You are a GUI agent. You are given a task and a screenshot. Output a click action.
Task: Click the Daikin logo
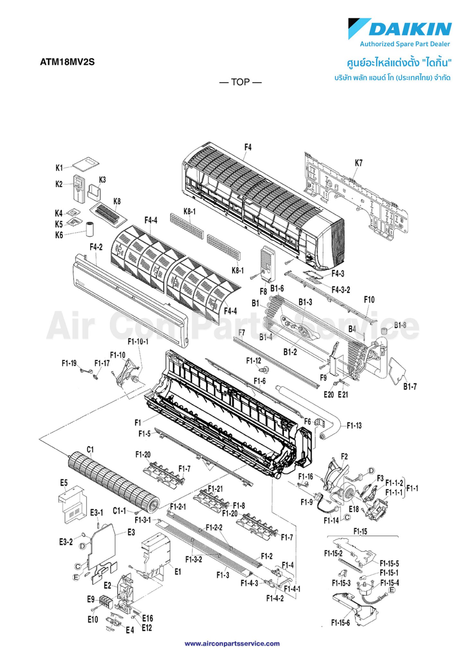tap(400, 29)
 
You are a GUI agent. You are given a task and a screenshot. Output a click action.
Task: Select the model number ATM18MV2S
tap(67, 62)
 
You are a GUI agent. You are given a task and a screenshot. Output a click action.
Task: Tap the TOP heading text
tap(241, 82)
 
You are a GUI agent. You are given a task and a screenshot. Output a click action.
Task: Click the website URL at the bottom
tap(232, 644)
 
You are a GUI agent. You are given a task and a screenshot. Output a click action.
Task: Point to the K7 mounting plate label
tap(359, 163)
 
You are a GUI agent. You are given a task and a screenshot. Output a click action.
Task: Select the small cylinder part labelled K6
tap(89, 229)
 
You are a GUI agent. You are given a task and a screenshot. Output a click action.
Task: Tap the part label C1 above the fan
tap(90, 450)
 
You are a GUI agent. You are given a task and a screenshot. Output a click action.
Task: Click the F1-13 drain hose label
tap(354, 426)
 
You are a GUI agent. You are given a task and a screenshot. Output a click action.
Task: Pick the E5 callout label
tap(64, 483)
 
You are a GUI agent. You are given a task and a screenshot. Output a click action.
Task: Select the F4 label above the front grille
tap(248, 147)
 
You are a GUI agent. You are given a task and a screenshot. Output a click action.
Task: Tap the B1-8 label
tap(400, 325)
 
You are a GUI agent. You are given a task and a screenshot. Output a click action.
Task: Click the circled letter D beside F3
tap(371, 471)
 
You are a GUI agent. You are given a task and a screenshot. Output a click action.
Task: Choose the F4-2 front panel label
tap(96, 247)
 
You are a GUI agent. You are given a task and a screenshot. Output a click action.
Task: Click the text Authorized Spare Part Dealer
tap(405, 44)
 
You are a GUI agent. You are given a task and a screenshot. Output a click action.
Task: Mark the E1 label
tap(178, 572)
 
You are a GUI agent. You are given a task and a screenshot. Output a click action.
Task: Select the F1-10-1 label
tap(138, 342)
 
